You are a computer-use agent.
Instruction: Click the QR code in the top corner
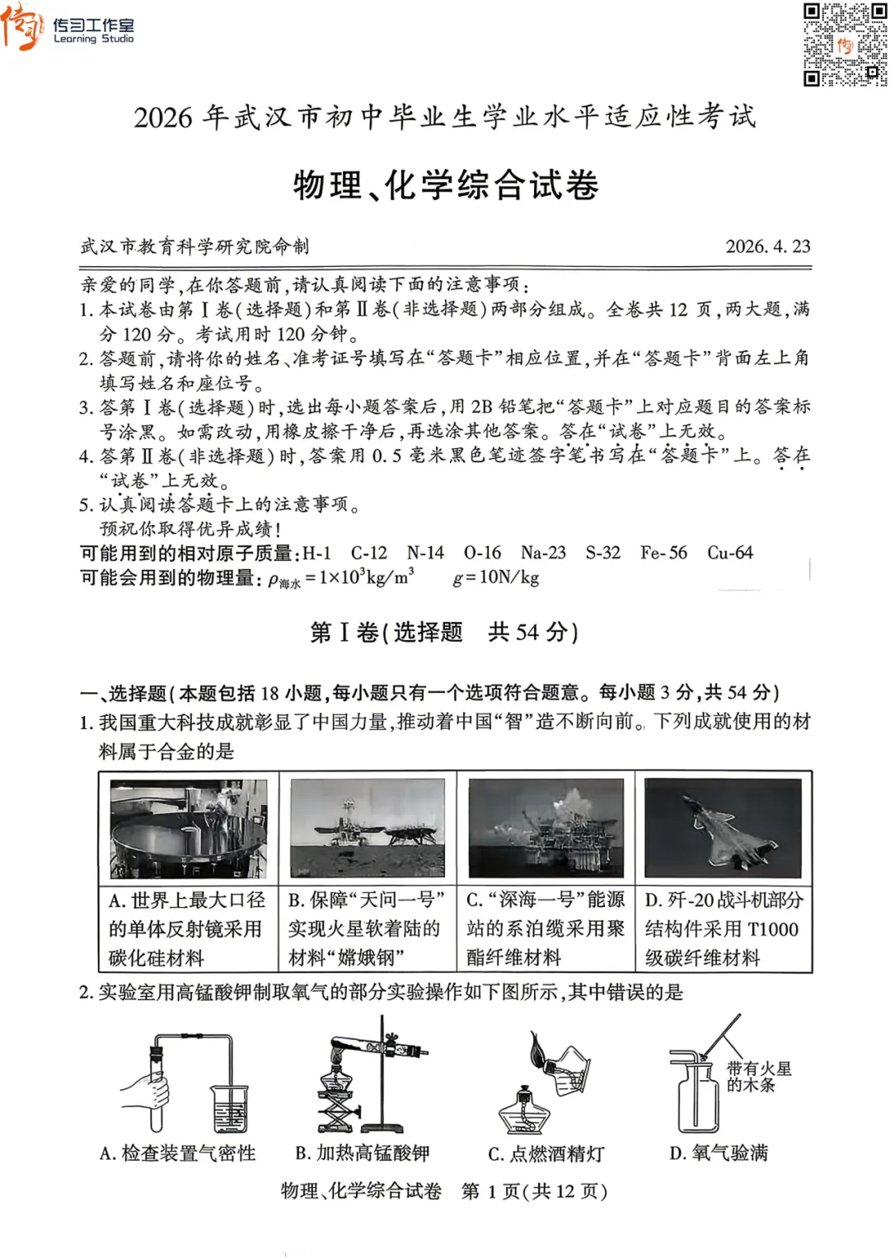click(845, 44)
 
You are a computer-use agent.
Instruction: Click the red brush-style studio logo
click(23, 28)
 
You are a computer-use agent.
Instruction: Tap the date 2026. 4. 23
click(767, 246)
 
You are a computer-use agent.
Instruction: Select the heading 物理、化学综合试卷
click(446, 185)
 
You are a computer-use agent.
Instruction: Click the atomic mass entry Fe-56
click(663, 553)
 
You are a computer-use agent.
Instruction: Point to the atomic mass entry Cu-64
click(730, 553)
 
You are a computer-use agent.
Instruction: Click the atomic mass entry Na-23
click(543, 553)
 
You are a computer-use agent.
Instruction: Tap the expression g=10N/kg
click(496, 578)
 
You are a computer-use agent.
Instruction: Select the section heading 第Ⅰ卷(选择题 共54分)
click(444, 632)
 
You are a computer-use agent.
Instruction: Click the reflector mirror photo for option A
click(189, 828)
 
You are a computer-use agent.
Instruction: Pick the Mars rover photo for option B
click(368, 828)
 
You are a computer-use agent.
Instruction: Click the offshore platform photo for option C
click(546, 828)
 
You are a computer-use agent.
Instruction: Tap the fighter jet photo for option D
click(723, 828)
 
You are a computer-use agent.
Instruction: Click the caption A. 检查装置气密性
click(178, 1153)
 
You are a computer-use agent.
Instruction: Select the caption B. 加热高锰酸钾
click(363, 1153)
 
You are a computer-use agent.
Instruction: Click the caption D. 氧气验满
click(719, 1153)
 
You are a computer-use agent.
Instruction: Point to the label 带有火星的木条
click(758, 1077)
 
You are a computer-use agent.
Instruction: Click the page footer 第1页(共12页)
click(534, 1191)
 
